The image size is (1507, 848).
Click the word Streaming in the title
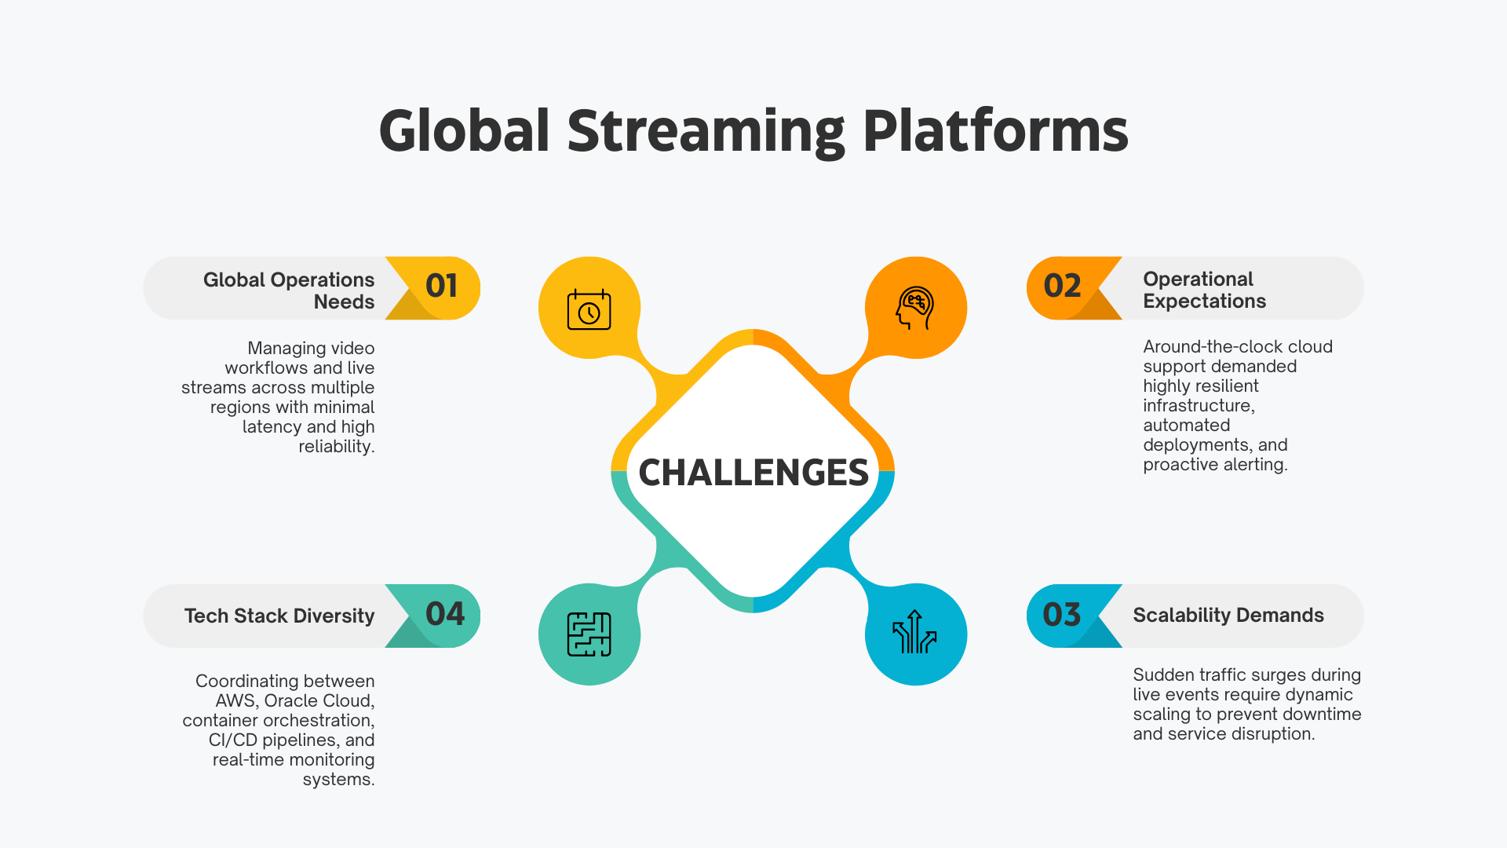point(706,131)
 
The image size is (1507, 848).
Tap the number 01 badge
point(441,286)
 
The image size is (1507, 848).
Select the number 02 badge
point(1062,286)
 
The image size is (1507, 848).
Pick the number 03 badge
point(1062,615)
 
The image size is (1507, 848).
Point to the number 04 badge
point(444,614)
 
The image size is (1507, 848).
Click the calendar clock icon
point(589,309)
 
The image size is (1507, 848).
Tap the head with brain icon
point(915,308)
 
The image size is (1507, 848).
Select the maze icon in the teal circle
point(589,634)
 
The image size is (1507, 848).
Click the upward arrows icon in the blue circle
point(915,633)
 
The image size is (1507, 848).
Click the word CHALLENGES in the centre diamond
point(753,473)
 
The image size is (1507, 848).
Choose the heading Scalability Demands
point(1228,616)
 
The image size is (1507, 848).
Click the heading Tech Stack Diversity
point(279,616)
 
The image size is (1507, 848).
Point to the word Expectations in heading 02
point(1204,302)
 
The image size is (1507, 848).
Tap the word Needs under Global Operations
point(344,302)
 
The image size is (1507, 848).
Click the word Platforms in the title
point(995,131)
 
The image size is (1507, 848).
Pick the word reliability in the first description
point(335,447)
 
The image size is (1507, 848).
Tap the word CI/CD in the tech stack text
point(233,740)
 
